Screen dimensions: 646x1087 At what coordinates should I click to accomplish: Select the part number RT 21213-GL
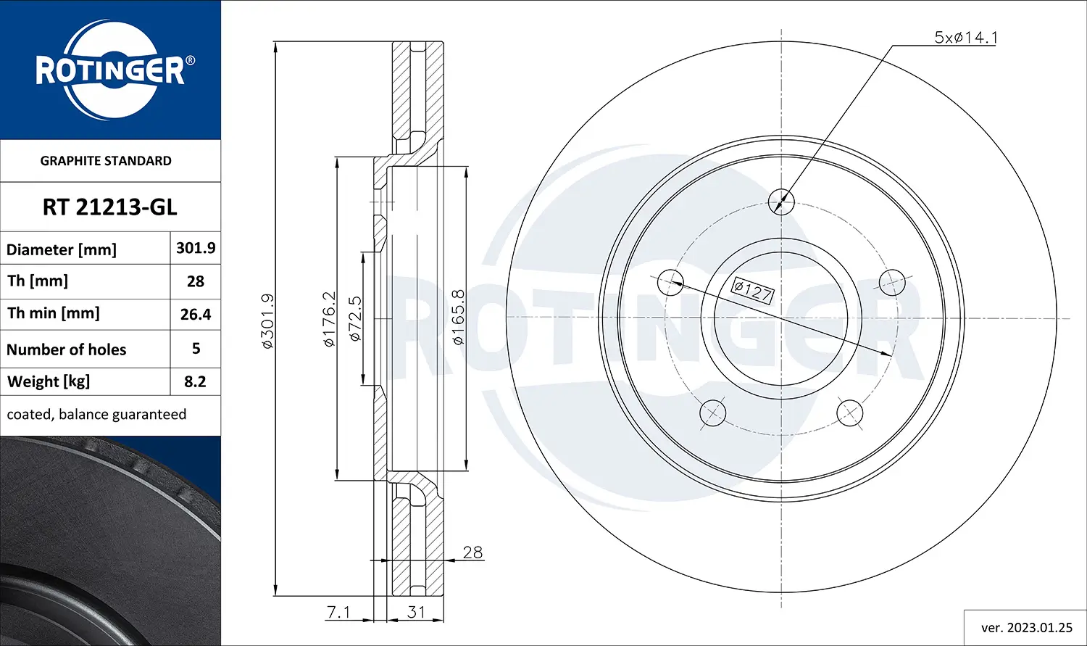coord(109,207)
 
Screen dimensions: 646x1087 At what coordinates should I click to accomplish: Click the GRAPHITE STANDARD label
coord(106,161)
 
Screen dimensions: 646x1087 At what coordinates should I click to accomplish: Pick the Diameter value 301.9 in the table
coord(196,248)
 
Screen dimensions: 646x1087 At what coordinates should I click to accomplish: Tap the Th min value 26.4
coord(196,315)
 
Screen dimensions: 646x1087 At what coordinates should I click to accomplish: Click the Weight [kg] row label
coord(49,381)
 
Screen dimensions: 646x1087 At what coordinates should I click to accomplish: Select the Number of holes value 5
coord(196,349)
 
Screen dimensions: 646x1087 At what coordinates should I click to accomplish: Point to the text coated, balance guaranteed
coord(96,415)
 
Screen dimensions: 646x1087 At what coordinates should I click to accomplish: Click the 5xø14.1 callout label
coord(965,38)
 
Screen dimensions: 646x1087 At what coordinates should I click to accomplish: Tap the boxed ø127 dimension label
coord(752,291)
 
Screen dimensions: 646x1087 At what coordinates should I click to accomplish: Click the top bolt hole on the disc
coord(781,201)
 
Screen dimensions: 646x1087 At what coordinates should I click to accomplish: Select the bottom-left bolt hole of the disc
coord(712,413)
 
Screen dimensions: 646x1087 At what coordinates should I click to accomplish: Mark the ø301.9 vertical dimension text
coord(267,320)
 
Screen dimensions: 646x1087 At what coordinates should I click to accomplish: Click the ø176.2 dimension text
coord(330,319)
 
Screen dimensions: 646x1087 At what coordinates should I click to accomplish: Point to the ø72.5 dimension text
coord(355,319)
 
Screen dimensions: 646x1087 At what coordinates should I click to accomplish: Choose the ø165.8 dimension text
coord(458,318)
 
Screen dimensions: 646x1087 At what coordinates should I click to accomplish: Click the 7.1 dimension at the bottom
coord(338,612)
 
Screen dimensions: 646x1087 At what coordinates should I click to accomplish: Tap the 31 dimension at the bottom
coord(416,612)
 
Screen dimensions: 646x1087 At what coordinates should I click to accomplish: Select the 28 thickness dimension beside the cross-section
coord(472,552)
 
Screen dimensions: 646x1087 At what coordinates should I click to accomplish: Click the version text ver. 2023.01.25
coord(1026,628)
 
